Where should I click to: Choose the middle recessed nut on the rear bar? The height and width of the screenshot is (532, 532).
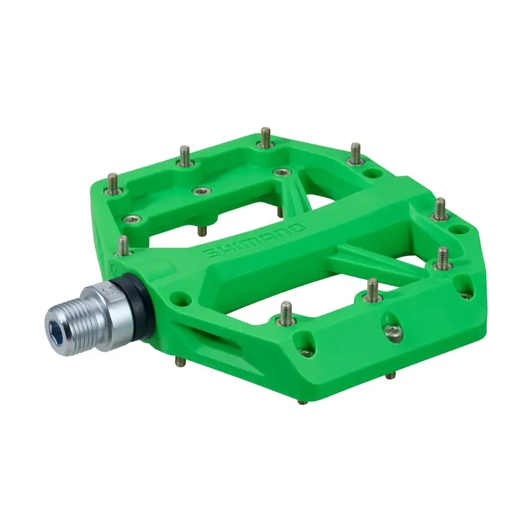[199, 192]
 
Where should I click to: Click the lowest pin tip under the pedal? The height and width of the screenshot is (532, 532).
[301, 402]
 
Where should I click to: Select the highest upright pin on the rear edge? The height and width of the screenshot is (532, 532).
[265, 138]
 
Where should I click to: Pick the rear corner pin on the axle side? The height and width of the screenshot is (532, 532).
[112, 183]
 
